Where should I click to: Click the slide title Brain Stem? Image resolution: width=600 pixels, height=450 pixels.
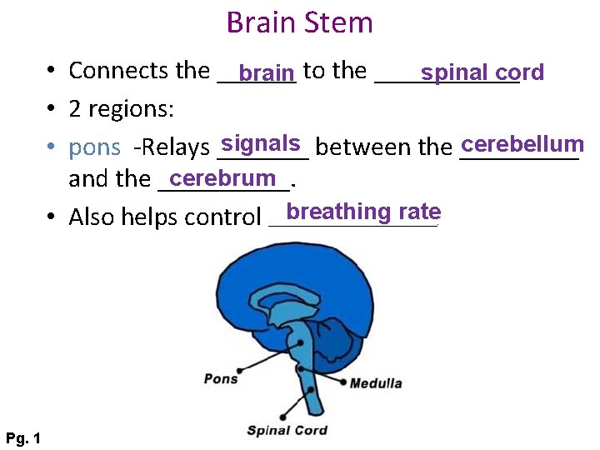coord(299,22)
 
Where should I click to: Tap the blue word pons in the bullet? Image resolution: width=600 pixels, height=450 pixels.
coord(94,148)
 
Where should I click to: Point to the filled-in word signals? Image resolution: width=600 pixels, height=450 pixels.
coord(261,143)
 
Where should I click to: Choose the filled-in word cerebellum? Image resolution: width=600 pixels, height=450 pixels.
coord(522,144)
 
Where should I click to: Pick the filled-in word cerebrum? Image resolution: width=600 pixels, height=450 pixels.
coord(222,178)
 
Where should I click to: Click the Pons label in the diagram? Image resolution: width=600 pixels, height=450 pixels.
coord(221,379)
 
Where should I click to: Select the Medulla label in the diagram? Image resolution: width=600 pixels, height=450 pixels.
coord(376,383)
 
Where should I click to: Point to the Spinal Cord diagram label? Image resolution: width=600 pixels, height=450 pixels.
coord(287,430)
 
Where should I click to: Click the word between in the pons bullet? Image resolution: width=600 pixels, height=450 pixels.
coord(364,148)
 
